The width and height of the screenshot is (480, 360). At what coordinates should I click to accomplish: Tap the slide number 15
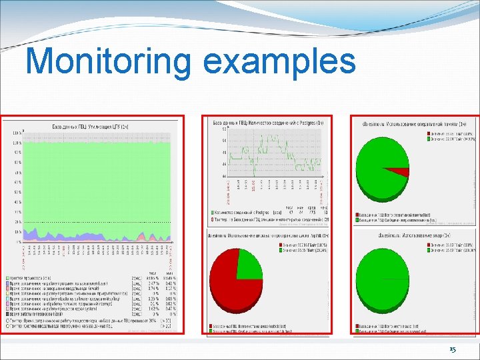pyautogui.click(x=453, y=350)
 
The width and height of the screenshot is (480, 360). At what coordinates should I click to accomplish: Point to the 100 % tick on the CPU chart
pyautogui.click(x=17, y=133)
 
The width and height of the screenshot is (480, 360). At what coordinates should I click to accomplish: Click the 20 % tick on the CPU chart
pyautogui.click(x=17, y=221)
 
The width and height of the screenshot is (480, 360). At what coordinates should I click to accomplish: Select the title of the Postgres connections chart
pyautogui.click(x=268, y=123)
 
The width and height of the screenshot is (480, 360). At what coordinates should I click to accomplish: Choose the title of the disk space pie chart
pyautogui.click(x=268, y=235)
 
